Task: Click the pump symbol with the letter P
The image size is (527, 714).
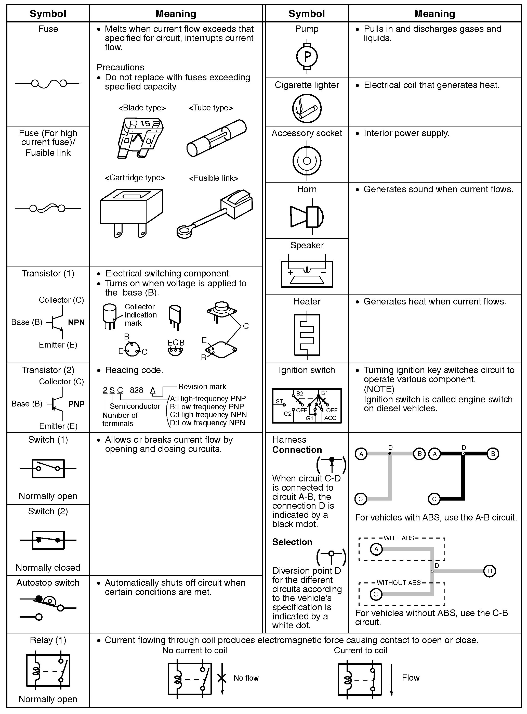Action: coord(307,57)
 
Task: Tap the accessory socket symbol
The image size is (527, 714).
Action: coord(307,161)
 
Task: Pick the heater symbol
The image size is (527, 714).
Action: coord(307,335)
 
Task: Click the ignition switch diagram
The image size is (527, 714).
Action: coord(307,406)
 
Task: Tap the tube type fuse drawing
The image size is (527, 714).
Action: coord(216,138)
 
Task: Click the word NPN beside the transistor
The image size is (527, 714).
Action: coord(76,323)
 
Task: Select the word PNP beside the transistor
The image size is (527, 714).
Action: coord(76,404)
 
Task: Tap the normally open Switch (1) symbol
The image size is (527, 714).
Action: coord(48,468)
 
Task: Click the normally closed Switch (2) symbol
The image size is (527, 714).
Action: coord(48,540)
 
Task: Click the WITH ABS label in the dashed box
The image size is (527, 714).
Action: coord(399,538)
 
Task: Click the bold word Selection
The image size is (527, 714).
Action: coord(292,542)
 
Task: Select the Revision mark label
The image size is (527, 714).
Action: coord(202,387)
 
